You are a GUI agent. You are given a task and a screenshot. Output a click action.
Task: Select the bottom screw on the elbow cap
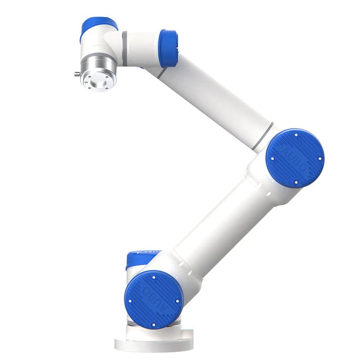[296, 182]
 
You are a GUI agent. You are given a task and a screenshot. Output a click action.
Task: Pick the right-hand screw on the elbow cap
[320, 158]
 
